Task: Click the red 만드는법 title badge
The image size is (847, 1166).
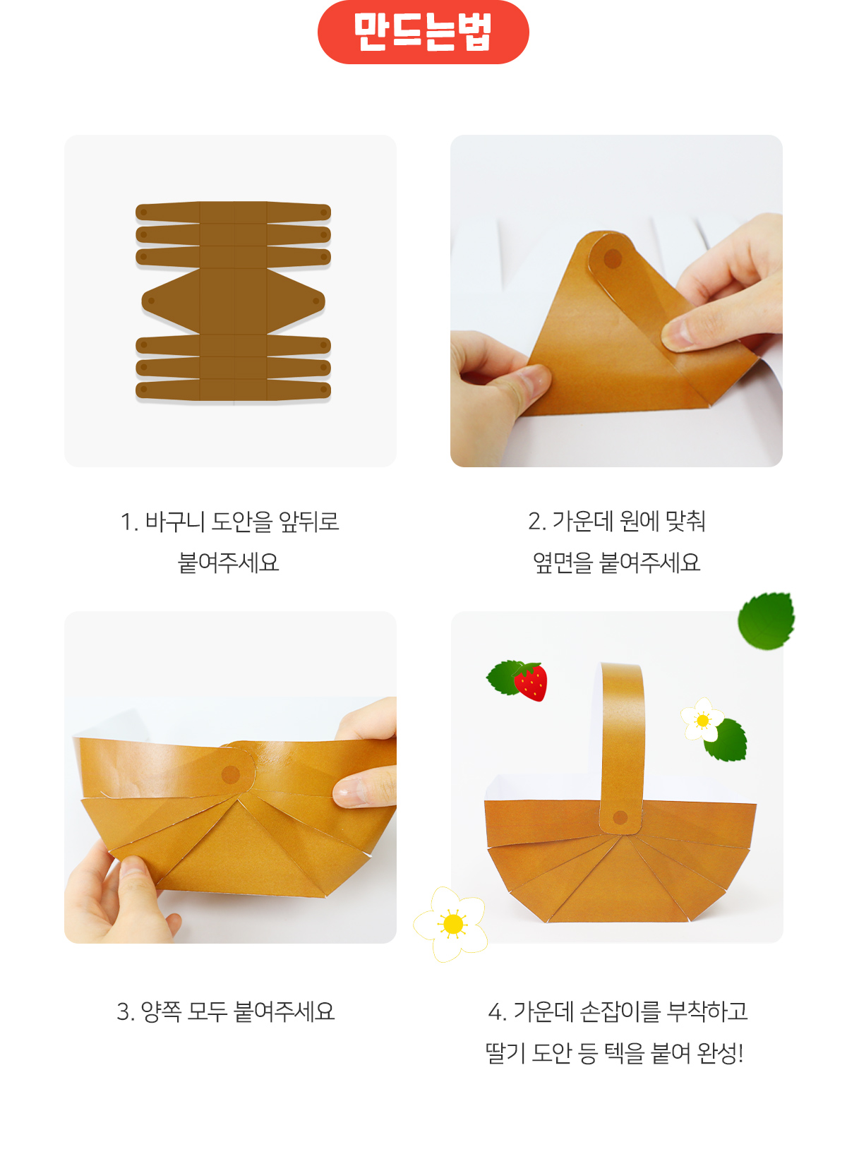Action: [423, 32]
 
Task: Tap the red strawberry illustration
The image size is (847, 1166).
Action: [531, 681]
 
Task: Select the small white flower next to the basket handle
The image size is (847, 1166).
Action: [702, 720]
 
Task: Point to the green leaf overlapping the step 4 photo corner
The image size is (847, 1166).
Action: [766, 620]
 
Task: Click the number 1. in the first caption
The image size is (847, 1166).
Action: [128, 522]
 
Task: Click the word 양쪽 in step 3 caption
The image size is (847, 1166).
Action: [161, 1011]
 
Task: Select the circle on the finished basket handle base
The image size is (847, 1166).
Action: [620, 817]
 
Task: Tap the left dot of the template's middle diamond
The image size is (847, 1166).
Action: [152, 301]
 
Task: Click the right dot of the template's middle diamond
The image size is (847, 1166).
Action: [316, 301]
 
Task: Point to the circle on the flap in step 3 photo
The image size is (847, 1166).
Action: [231, 774]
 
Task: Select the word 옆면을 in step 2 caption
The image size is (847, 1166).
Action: [563, 563]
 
